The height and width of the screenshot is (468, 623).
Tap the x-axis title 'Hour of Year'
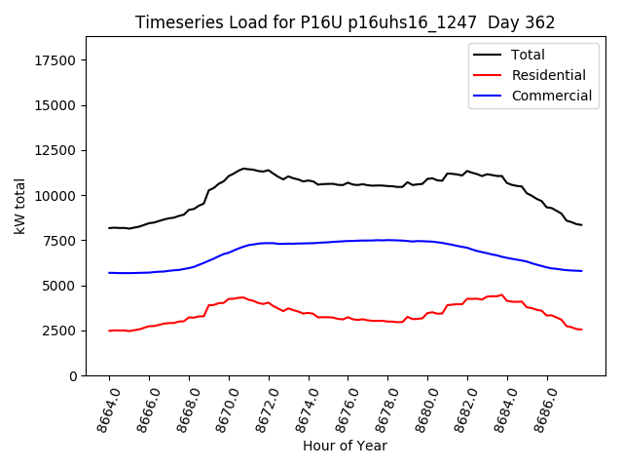[345, 446]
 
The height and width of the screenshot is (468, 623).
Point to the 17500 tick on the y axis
[55, 60]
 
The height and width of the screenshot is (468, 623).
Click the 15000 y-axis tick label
[55, 105]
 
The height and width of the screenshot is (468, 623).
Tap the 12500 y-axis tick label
[55, 150]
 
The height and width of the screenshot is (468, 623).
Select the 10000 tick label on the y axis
[55, 196]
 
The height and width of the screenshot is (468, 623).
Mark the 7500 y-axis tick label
[59, 241]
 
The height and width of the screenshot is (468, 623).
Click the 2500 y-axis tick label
[59, 331]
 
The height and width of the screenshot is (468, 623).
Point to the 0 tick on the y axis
[73, 376]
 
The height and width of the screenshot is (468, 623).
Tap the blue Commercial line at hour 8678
[388, 240]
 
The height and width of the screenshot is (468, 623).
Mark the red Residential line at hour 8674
[309, 313]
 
